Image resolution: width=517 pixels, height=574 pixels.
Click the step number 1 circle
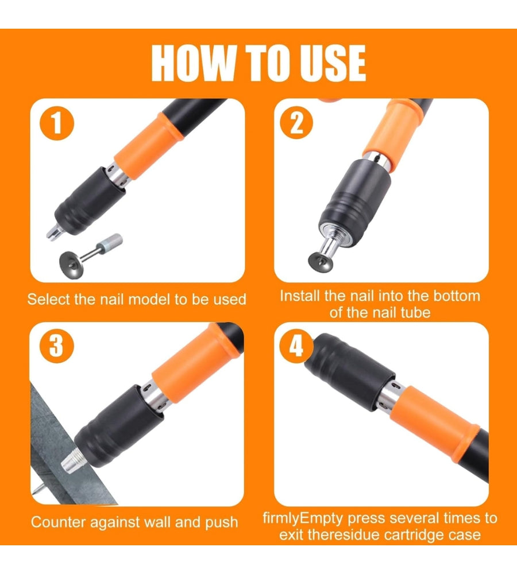(x=57, y=123)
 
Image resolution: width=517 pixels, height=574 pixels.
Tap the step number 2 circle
(x=296, y=122)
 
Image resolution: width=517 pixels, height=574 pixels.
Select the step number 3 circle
(x=56, y=346)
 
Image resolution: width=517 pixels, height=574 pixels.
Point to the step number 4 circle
(x=296, y=346)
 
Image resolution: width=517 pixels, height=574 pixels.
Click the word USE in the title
(x=333, y=63)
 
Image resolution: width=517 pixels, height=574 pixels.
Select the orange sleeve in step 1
(x=148, y=146)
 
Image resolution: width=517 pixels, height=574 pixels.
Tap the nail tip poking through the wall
(x=38, y=488)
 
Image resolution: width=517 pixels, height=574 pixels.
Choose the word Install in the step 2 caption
(x=300, y=296)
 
